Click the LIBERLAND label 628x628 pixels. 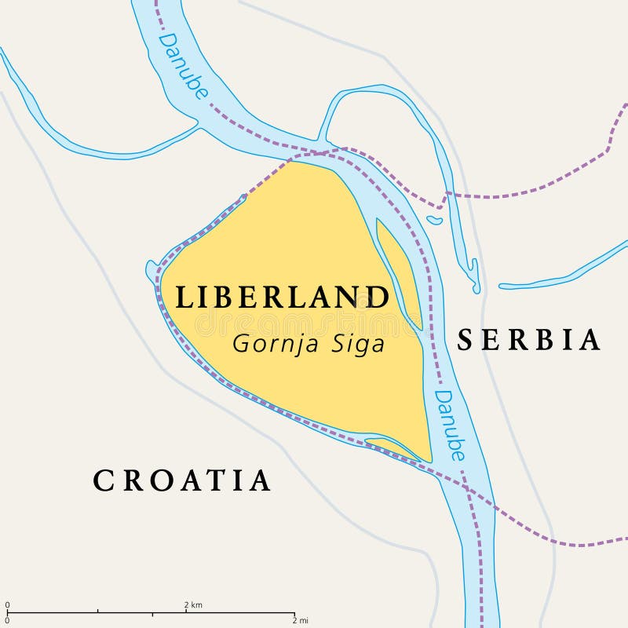click(x=282, y=298)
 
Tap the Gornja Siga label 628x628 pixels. click(x=309, y=344)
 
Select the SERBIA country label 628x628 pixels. click(x=529, y=340)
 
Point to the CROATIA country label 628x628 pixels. click(x=182, y=480)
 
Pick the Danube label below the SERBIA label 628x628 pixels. click(x=450, y=425)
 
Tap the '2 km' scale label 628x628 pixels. click(x=193, y=604)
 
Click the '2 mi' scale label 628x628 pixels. click(x=299, y=621)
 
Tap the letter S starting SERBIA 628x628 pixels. click(x=466, y=340)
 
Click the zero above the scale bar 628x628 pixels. click(x=8, y=604)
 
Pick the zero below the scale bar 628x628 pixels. click(x=8, y=621)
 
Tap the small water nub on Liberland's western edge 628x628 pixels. click(x=151, y=272)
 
